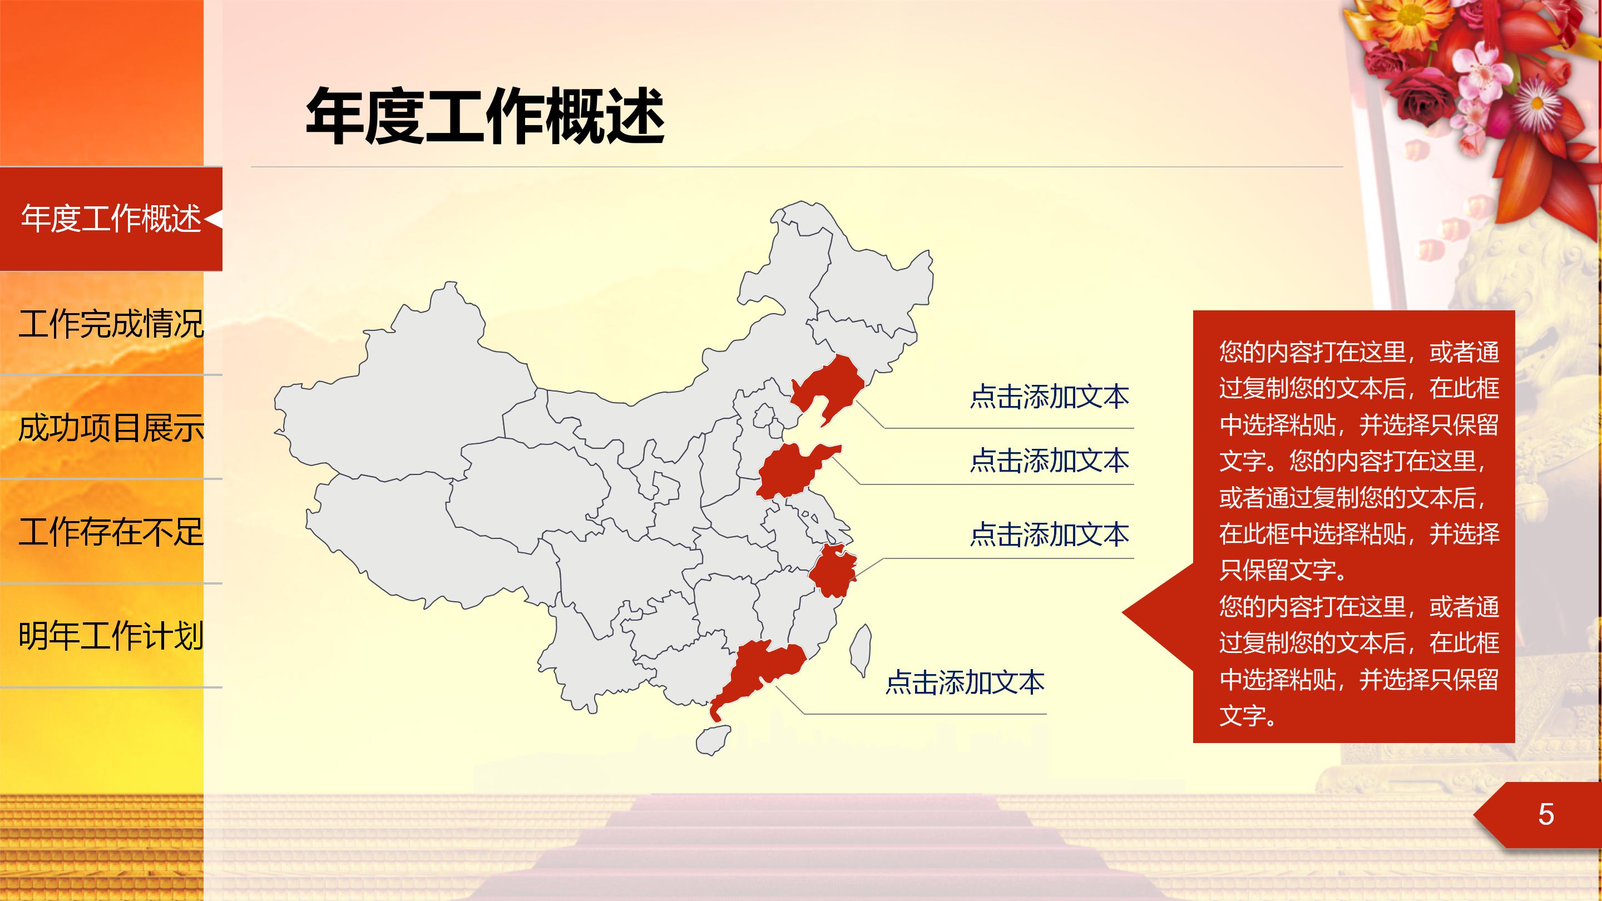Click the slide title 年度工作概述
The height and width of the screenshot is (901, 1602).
tap(485, 117)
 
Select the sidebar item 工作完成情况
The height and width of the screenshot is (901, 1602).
tap(111, 324)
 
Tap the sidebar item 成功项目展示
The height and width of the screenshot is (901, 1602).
tap(111, 428)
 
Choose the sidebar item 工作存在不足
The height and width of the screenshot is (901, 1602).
tap(111, 532)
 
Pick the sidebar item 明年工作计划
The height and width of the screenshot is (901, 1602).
tap(111, 636)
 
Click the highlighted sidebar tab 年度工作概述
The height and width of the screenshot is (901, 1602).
tap(111, 219)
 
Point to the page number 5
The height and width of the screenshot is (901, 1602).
tap(1545, 815)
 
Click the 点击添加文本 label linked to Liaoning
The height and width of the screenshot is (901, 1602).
tap(1049, 397)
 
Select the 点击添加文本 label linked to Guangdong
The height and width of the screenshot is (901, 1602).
tap(965, 683)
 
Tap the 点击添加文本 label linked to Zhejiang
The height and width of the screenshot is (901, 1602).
tap(1049, 534)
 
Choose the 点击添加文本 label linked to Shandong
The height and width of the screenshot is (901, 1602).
tap(1049, 461)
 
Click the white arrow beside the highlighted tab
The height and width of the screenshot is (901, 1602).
tap(212, 219)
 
